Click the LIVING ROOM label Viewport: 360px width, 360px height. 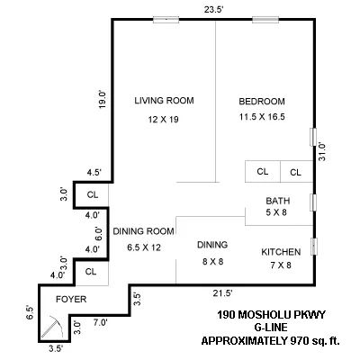click(165, 100)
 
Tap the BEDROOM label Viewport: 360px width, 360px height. click(262, 100)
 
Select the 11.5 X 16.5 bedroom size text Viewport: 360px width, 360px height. click(263, 117)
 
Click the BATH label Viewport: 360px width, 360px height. click(277, 200)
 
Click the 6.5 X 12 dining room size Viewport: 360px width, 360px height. click(142, 247)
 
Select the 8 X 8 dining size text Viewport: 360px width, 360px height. click(212, 261)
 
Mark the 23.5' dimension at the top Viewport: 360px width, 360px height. click(214, 8)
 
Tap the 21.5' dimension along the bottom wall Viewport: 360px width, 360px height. click(221, 293)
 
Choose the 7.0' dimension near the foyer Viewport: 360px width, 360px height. click(99, 321)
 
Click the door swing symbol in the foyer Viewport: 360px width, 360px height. click(53, 325)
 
